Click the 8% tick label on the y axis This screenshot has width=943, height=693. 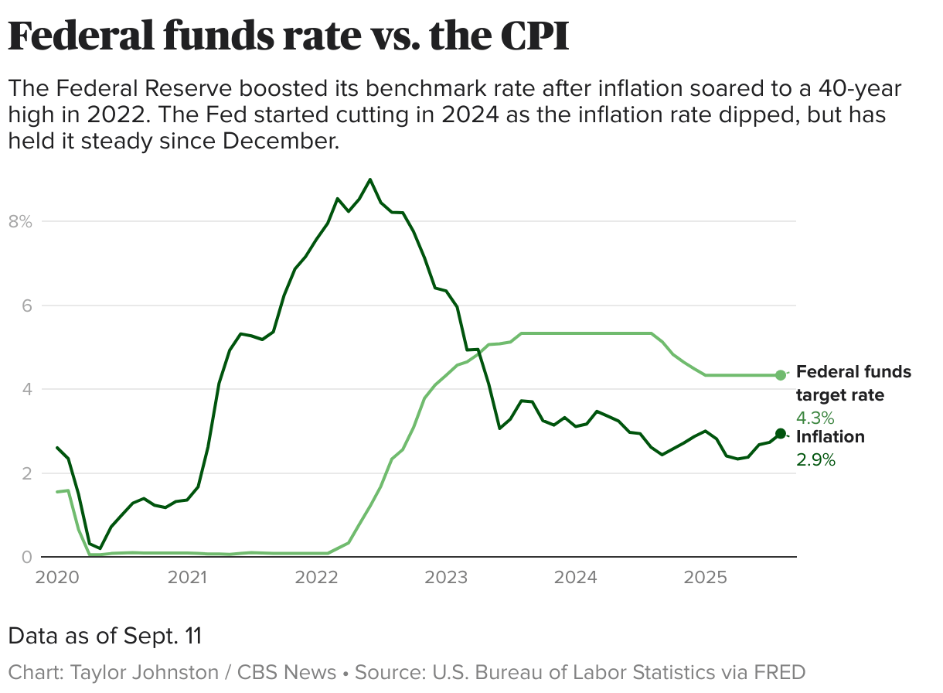(x=19, y=222)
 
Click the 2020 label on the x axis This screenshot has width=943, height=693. (x=57, y=578)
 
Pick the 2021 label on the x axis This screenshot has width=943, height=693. (x=186, y=578)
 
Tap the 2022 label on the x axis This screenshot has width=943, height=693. (x=316, y=578)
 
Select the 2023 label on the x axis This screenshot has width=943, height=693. (x=446, y=578)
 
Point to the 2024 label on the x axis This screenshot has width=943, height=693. (x=576, y=578)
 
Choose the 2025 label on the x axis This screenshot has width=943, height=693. (x=706, y=578)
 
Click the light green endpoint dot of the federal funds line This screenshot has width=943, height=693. (x=781, y=375)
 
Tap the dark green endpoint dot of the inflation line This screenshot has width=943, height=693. (x=781, y=434)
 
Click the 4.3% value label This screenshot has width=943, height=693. (x=815, y=418)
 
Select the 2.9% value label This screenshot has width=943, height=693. (x=815, y=460)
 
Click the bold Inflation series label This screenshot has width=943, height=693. (x=830, y=437)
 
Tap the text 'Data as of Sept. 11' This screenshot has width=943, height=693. (x=105, y=637)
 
